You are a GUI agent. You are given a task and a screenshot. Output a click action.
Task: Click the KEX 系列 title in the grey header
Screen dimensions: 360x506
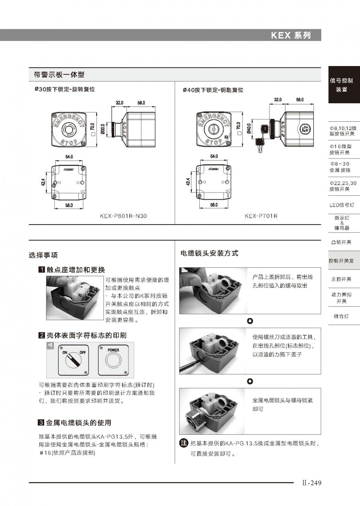click(291, 35)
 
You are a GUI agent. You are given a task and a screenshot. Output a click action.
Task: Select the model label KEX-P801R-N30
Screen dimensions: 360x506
click(123, 216)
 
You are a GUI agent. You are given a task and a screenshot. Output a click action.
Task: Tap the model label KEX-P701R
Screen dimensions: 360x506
click(261, 216)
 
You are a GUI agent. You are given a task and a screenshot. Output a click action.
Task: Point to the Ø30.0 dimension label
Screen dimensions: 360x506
click(103, 129)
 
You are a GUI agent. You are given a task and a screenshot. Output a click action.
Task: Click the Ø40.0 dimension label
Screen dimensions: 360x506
click(249, 129)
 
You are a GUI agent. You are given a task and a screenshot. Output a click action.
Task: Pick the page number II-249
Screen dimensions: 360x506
click(312, 483)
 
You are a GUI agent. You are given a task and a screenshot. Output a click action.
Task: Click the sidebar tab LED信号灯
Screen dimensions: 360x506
click(342, 205)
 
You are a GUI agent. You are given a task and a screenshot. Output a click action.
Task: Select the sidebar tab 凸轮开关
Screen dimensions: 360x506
click(341, 242)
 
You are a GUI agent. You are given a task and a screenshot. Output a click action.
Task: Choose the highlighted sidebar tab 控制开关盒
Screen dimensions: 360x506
click(341, 261)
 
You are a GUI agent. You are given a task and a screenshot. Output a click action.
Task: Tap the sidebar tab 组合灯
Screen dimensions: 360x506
click(341, 316)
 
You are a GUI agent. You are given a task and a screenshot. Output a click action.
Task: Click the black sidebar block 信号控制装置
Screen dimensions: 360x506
click(341, 85)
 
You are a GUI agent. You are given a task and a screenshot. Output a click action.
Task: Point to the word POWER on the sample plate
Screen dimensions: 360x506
click(113, 350)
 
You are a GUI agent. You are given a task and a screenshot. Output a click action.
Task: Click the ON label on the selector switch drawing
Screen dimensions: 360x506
click(65, 352)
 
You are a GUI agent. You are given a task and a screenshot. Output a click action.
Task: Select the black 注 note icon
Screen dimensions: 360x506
click(183, 443)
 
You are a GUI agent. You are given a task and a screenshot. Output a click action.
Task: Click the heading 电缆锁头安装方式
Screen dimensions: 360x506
click(209, 253)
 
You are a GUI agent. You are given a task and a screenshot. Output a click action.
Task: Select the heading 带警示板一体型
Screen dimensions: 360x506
click(59, 74)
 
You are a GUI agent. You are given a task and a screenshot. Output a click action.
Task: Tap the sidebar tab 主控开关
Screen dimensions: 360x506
click(341, 279)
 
